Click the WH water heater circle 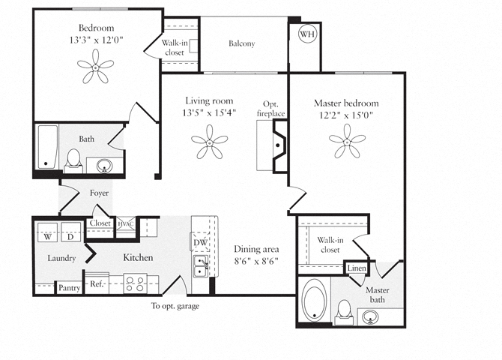tap(308, 34)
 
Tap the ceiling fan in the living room tap(209, 142)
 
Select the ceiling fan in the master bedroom tap(347, 141)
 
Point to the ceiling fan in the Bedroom tap(95, 67)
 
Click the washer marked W tap(47, 232)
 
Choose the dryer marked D tap(70, 232)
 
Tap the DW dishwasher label tap(200, 242)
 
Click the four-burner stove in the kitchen tap(135, 283)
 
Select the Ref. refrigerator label tap(97, 283)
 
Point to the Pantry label tap(69, 288)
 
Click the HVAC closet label tap(126, 223)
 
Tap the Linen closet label tap(357, 268)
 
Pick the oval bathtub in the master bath tap(314, 300)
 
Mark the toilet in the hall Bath tap(73, 161)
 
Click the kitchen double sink tap(200, 266)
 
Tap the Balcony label tap(242, 43)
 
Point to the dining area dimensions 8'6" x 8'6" tap(256, 261)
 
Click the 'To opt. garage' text tap(175, 306)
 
